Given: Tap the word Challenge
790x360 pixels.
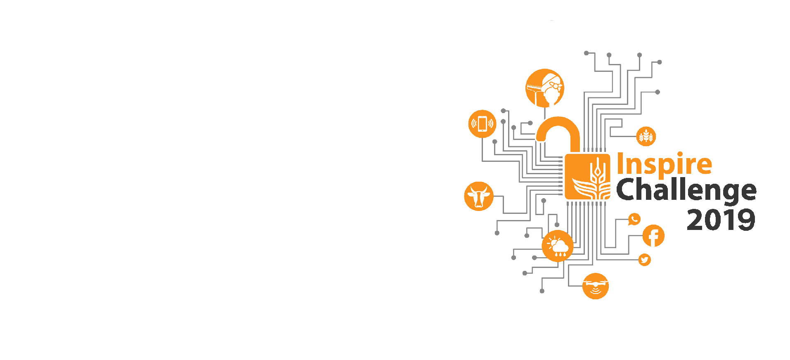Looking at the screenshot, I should [x=686, y=190].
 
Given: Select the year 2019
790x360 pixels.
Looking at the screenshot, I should [x=721, y=220].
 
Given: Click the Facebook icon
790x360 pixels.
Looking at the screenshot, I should [x=653, y=236].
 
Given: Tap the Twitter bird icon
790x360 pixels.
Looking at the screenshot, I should [x=644, y=260].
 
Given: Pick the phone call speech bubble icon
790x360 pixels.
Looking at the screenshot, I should [x=634, y=219].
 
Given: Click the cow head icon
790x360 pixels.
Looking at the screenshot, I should [x=479, y=196].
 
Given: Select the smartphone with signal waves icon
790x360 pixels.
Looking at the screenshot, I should [x=482, y=124].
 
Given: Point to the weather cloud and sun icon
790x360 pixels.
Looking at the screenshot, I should [x=557, y=246].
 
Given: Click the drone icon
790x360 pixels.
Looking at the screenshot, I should [x=595, y=286].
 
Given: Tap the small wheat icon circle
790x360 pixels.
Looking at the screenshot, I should [x=646, y=136].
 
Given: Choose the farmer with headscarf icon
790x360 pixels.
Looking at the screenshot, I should [x=545, y=88].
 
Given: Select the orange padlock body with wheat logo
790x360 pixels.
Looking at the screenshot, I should [x=587, y=177].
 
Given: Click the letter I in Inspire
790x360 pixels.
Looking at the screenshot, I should [x=620, y=164].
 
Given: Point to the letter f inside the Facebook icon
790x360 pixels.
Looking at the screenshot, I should [x=653, y=237].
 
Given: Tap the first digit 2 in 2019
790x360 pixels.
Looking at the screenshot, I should [x=696, y=220].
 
